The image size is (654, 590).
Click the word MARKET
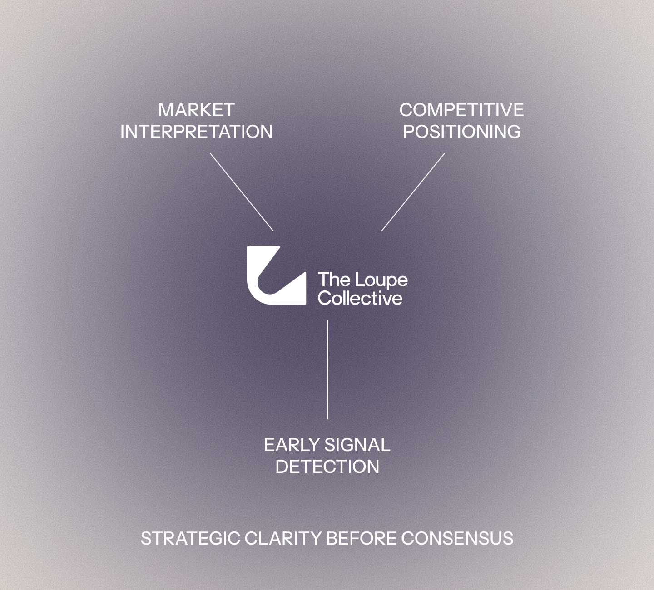click(196, 110)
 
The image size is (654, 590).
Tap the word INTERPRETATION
click(197, 132)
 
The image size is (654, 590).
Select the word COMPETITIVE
click(461, 110)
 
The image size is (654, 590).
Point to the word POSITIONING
click(462, 132)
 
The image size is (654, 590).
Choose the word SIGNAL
click(357, 445)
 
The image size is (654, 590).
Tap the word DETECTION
click(327, 467)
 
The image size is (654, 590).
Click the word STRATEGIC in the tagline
click(190, 538)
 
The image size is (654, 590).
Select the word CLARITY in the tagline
click(283, 538)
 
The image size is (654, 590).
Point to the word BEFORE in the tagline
click(361, 538)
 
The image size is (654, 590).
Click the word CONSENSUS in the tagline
click(457, 538)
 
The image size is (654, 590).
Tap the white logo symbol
click(277, 275)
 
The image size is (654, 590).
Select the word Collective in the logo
click(360, 298)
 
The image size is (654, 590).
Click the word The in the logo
click(334, 279)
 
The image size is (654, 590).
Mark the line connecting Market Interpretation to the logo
click(242, 192)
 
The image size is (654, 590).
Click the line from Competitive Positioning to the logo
click(413, 192)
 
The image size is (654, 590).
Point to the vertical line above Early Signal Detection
click(327, 369)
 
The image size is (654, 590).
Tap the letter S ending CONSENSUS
click(508, 538)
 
